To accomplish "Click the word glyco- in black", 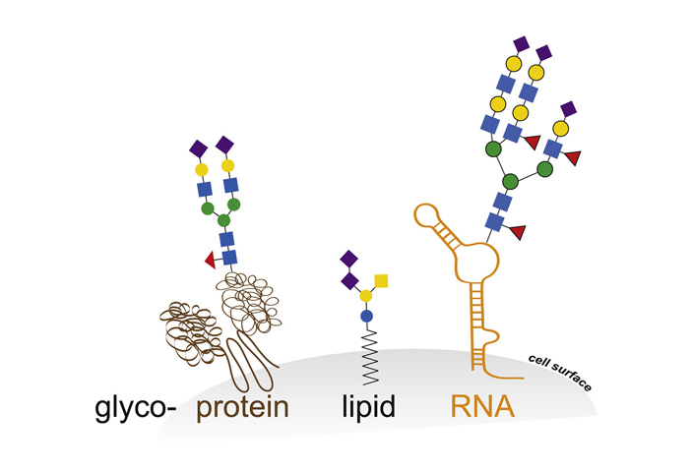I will tap(134, 406).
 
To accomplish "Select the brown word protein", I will tap(242, 406).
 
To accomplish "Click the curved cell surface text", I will tap(558, 373).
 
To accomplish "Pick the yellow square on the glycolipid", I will tap(381, 281).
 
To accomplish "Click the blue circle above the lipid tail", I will tap(366, 316).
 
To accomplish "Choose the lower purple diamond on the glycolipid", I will tap(348, 280).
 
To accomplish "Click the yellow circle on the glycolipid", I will tap(365, 295).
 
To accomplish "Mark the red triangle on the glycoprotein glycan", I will tap(209, 260).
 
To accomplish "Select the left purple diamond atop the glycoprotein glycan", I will tap(198, 148).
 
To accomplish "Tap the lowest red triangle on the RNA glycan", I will tap(517, 232).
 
